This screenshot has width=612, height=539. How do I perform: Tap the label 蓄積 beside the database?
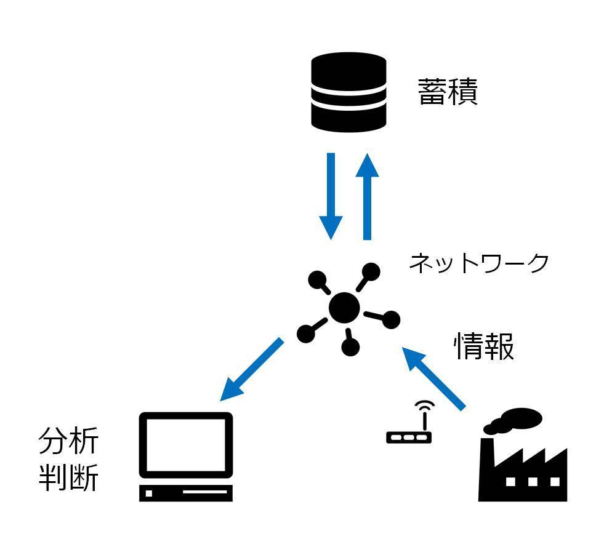[448, 92]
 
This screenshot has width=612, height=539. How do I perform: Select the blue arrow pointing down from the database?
[331, 196]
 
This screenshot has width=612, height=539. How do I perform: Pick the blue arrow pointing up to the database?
[368, 196]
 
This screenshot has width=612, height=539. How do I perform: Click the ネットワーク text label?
[478, 263]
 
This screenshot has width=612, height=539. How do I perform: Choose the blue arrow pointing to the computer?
[252, 369]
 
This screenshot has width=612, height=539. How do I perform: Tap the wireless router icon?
[409, 436]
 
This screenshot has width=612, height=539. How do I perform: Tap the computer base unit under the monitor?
[187, 493]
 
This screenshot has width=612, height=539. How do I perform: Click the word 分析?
[68, 441]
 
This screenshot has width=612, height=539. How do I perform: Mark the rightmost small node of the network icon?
[390, 319]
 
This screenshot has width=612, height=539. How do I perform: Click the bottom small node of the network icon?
[350, 347]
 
